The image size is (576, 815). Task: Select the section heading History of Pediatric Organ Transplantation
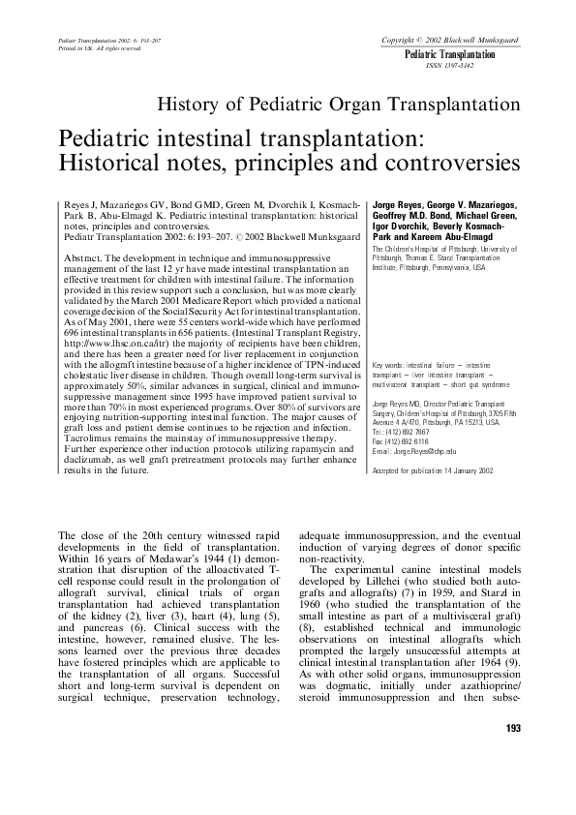[340, 104]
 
